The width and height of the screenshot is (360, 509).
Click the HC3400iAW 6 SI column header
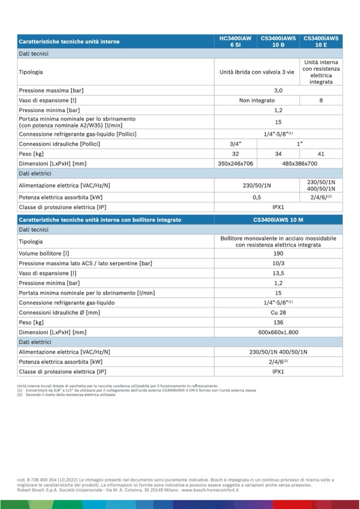[235, 41]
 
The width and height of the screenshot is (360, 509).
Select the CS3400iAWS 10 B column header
[278, 41]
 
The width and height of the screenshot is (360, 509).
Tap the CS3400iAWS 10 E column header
[321, 41]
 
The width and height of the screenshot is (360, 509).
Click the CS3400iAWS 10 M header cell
[278, 219]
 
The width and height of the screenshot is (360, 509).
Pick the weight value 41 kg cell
[321, 154]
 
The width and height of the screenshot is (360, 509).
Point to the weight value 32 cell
[235, 154]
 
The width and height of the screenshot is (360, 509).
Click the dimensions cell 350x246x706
[235, 164]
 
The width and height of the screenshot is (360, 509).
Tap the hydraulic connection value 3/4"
[235, 144]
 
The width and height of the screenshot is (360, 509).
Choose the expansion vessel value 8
[321, 100]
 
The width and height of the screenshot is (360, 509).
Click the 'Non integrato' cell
[257, 100]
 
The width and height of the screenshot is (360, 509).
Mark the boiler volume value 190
[278, 253]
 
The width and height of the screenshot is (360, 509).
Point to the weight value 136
[278, 322]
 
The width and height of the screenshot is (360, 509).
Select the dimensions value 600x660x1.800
[278, 332]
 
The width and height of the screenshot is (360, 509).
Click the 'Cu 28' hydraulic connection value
[278, 313]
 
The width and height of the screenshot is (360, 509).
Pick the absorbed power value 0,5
[257, 197]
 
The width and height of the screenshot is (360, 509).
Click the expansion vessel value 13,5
[278, 273]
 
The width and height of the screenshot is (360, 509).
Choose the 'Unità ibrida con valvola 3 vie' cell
[257, 72]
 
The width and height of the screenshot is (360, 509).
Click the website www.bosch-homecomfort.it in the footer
[210, 490]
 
